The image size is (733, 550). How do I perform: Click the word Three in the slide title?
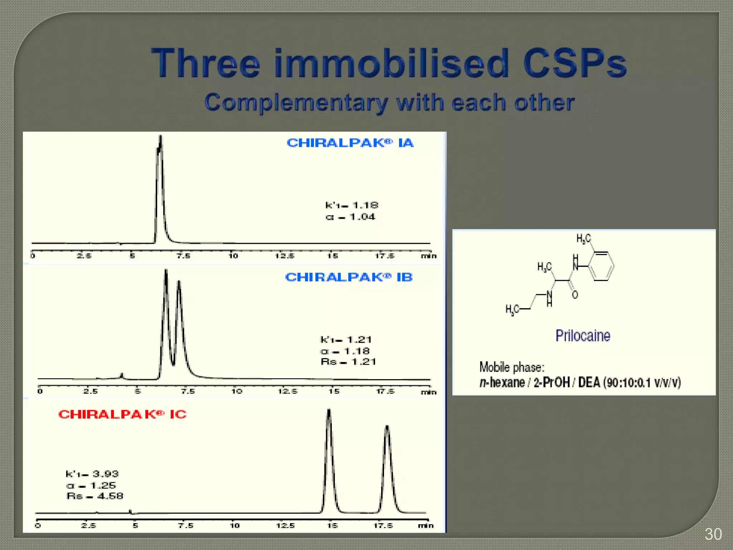point(205,63)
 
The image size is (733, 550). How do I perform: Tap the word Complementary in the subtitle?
point(296,103)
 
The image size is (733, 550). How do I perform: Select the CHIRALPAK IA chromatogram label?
point(350,143)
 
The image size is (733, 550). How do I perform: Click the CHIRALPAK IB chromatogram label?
point(349,277)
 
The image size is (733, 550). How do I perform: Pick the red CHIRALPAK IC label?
point(122,414)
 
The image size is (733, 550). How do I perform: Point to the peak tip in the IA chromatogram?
point(161,137)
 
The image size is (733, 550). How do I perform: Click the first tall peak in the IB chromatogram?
point(166,271)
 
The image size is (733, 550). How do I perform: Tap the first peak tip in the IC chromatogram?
point(329,410)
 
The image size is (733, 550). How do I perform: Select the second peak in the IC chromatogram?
point(387,427)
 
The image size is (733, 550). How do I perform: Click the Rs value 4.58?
point(110,496)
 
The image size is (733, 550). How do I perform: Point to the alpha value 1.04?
point(362,217)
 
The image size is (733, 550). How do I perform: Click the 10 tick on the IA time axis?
point(233,256)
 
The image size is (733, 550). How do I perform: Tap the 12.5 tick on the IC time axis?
point(285,526)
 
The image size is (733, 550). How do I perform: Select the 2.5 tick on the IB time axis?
point(90,391)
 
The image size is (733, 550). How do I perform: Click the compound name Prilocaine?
point(583,336)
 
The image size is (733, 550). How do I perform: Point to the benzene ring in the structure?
point(601,266)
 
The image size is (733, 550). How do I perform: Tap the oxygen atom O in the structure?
point(575,295)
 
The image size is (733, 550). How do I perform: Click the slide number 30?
point(713,534)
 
